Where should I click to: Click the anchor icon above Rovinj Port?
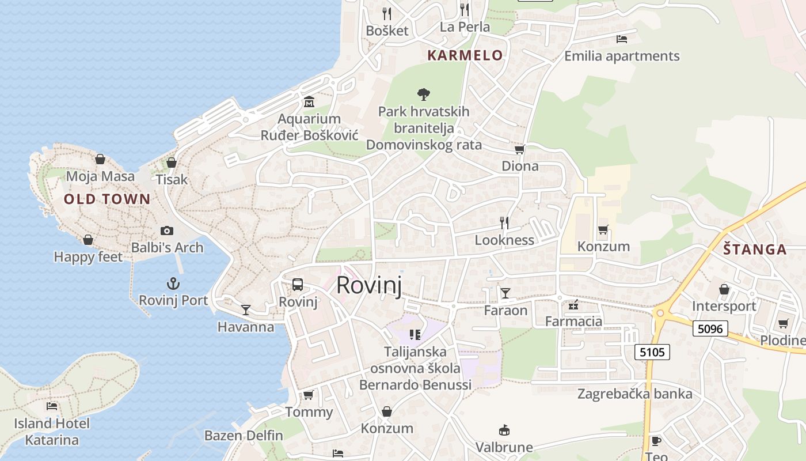coord(173,284)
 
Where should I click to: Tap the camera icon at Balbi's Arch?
coord(167,231)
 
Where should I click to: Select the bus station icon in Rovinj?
coord(298,284)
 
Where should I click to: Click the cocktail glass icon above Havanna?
coord(246,310)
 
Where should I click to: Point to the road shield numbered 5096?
coord(711,328)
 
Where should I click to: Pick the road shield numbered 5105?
coord(653,352)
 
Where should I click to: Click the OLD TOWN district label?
coord(107,199)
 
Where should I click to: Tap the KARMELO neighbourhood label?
coord(465,55)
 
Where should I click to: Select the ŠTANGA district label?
coord(755,250)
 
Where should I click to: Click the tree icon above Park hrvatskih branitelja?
coord(424,94)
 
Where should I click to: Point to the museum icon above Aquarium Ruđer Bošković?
coord(309,102)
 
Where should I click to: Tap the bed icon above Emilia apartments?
coord(622,39)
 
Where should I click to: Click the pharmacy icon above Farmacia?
coord(573,304)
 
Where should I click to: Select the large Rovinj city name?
coord(369,285)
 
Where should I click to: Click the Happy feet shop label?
coord(88,257)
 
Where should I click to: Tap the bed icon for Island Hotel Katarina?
coord(52,406)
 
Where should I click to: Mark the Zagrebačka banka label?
coord(635,394)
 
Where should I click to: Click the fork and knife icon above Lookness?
coord(504,222)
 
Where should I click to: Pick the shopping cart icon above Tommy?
coord(309,395)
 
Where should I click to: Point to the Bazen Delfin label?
coord(244,436)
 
